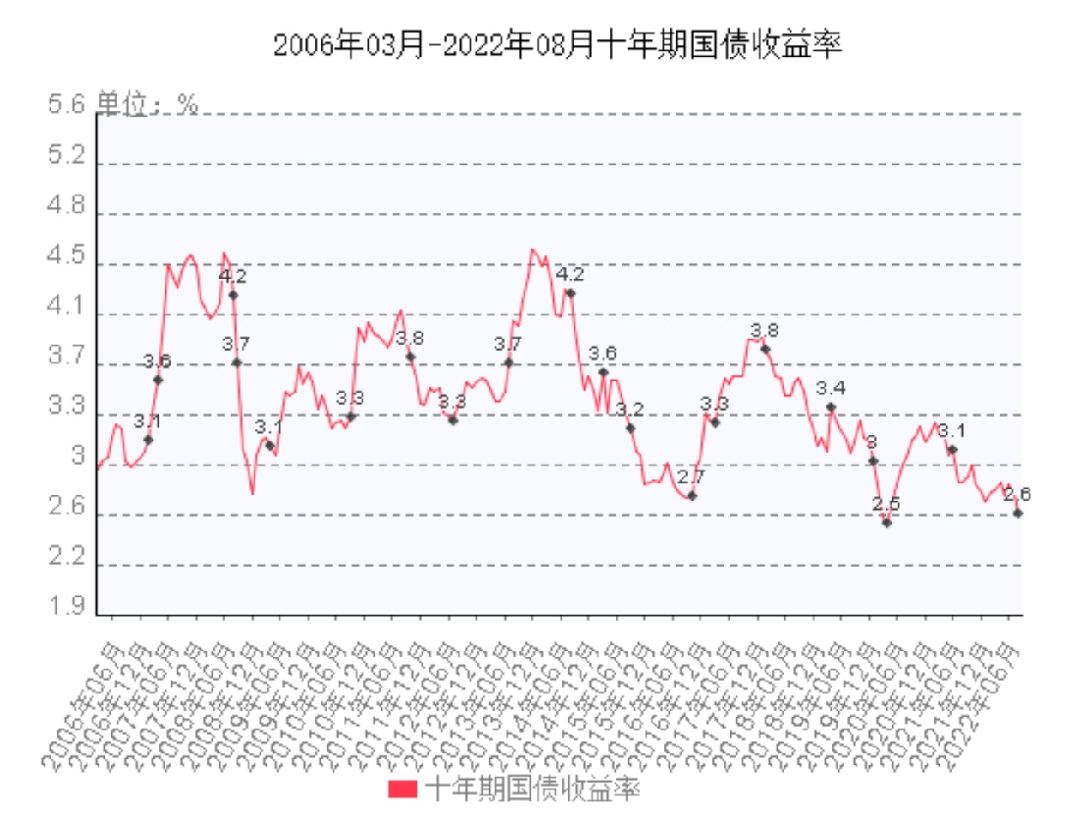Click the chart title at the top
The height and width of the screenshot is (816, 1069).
point(557,45)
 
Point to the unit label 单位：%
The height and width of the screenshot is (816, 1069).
point(147,104)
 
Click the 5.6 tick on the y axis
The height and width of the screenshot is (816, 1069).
point(67,105)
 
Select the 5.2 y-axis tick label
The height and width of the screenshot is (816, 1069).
point(67,156)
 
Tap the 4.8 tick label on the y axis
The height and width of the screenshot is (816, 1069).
point(67,207)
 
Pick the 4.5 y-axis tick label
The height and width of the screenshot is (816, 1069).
point(67,257)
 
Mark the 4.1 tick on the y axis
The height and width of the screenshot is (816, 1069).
point(67,308)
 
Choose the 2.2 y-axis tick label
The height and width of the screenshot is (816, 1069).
point(67,559)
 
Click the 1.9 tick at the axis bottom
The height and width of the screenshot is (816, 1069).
point(67,608)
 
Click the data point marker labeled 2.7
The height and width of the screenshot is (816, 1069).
point(692,496)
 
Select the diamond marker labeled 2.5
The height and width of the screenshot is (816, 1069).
point(886,522)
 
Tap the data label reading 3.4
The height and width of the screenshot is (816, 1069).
point(830,389)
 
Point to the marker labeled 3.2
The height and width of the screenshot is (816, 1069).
point(629,428)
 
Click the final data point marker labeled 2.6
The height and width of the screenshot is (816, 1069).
point(1018,513)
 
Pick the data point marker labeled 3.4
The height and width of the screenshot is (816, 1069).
point(830,407)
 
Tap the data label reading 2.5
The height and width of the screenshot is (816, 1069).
point(886,504)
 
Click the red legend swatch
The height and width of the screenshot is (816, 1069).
point(402,788)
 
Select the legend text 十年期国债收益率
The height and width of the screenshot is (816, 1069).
point(531,788)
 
